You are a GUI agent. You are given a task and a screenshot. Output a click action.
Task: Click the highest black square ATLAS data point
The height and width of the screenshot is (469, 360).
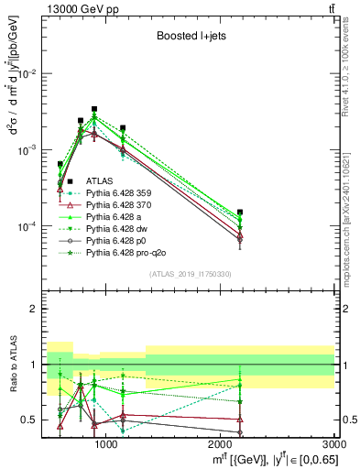(94, 109)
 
